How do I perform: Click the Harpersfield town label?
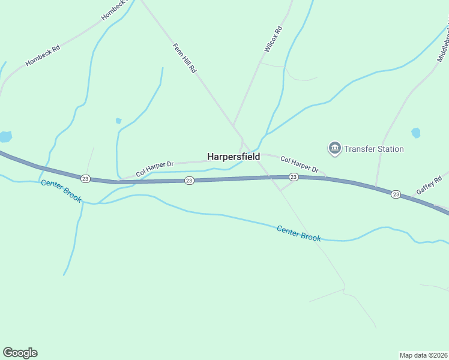point(234,157)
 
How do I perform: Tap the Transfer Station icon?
point(334,148)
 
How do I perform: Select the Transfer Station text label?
point(374,149)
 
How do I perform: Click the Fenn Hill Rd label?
point(185,58)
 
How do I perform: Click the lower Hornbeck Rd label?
point(43,54)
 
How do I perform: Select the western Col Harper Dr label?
point(154,168)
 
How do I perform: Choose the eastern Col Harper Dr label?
point(299,165)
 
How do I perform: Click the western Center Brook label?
point(61,191)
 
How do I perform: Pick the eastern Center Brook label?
point(299,233)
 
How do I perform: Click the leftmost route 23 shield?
point(86,178)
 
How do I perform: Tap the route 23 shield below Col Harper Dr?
point(189,180)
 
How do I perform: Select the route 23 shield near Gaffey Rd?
point(396,194)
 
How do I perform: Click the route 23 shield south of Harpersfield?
point(293,176)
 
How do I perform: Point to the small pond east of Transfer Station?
point(415,133)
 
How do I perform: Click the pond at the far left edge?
point(5,136)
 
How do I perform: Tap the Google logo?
point(20,353)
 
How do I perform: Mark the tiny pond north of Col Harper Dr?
point(118,121)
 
